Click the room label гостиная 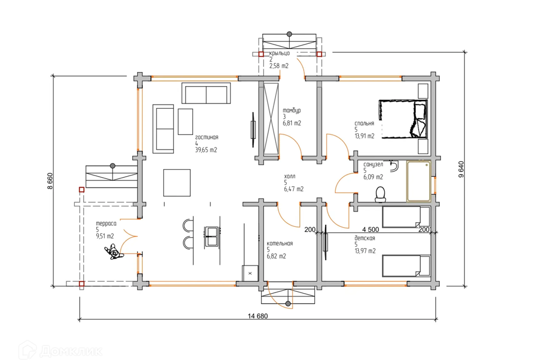(x=206, y=137)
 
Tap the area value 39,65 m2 (x=206, y=150)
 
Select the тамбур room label (x=292, y=110)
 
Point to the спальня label (x=364, y=123)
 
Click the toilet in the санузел (x=380, y=194)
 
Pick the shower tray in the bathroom (x=418, y=181)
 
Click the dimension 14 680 (x=258, y=316)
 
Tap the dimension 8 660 (x=50, y=181)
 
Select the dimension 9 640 (x=461, y=169)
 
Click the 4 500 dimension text (x=371, y=229)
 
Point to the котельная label (x=280, y=244)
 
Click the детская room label (x=364, y=238)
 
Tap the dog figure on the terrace (x=114, y=251)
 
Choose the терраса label (x=106, y=223)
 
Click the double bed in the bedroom (x=403, y=119)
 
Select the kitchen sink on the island (x=211, y=237)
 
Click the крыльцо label (x=280, y=53)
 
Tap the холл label (x=290, y=177)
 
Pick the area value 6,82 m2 (x=276, y=256)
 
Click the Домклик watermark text (x=71, y=352)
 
